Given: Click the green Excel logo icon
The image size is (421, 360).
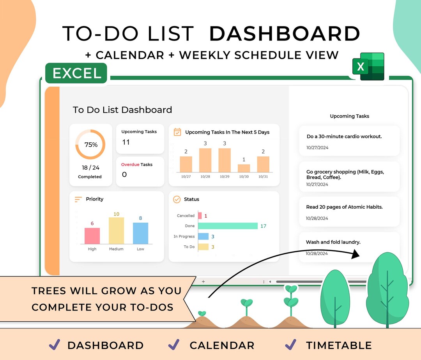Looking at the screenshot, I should point(368,66).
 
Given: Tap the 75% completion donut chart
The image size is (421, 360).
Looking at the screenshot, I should point(90,145).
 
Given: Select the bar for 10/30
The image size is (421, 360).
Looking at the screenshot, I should point(244,168).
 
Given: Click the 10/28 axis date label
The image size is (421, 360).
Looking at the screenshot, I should point(205,177).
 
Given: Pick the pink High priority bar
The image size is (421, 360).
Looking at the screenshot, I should point(92,236).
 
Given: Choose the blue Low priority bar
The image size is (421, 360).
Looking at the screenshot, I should point(140,233).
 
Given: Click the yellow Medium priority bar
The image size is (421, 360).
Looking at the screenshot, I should point(116,231).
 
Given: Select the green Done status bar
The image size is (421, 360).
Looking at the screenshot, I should point(228,226).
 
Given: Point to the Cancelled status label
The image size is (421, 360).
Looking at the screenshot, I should point(186,216).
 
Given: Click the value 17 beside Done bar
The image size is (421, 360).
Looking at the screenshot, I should point(264,226).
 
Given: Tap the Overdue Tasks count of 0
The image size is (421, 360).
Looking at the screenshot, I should point(124,175).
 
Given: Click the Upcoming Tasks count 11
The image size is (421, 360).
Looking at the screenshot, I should point(126,142).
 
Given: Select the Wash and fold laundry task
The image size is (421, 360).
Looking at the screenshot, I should point(333,242).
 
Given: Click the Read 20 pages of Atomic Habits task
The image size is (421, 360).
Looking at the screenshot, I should point(344,207).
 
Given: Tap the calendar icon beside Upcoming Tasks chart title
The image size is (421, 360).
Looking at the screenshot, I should point(177,132).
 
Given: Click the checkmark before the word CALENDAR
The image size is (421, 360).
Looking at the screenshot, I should point(174,344).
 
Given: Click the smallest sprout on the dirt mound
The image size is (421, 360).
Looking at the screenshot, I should point(202,314).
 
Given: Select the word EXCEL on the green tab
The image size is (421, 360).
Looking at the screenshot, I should point(77,73).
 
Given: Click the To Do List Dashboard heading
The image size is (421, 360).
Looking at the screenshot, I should point(122,110).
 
